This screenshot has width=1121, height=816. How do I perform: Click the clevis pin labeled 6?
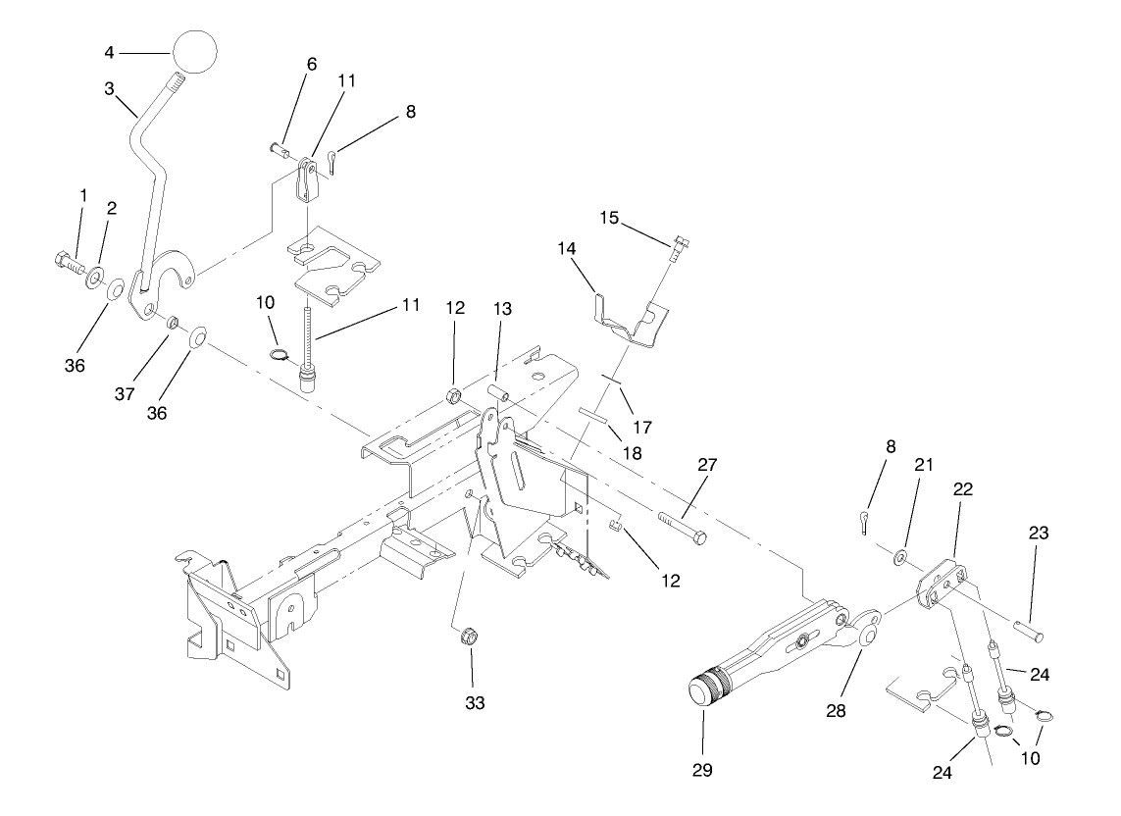(279, 150)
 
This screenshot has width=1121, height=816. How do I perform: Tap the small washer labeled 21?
(899, 558)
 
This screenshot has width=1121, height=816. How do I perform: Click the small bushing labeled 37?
(170, 321)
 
